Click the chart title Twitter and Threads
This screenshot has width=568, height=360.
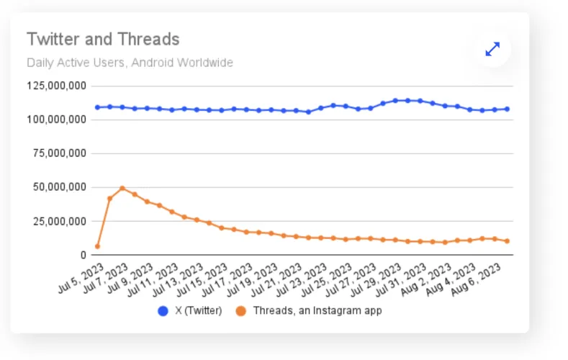pyautogui.click(x=103, y=39)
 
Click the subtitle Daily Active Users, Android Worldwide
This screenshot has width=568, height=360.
pyautogui.click(x=130, y=63)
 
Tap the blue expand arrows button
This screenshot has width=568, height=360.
pyautogui.click(x=492, y=49)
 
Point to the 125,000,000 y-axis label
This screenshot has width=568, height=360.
pyautogui.click(x=57, y=86)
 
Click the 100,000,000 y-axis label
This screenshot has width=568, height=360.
pyautogui.click(x=57, y=119)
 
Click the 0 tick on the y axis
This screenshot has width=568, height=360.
pyautogui.click(x=84, y=255)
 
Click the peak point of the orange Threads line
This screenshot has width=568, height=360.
pyautogui.click(x=122, y=189)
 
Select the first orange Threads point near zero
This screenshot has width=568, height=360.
pyautogui.click(x=97, y=246)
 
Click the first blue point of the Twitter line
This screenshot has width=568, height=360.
pyautogui.click(x=97, y=107)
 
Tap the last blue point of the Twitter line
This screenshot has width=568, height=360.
pyautogui.click(x=507, y=109)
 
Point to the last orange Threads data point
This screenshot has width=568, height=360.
pyautogui.click(x=507, y=241)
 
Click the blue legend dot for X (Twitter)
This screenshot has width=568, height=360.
pyautogui.click(x=163, y=311)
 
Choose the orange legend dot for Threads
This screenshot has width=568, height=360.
pyautogui.click(x=240, y=311)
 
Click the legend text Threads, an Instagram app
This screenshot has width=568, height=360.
pyautogui.click(x=317, y=311)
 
